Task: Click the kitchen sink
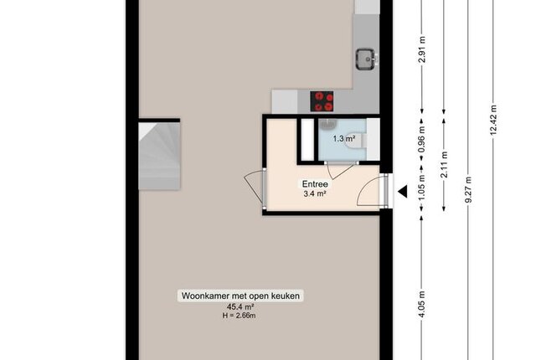(366, 59)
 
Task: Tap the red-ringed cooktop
(322, 101)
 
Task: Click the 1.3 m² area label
(344, 139)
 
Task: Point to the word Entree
(315, 184)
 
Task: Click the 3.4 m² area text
(315, 194)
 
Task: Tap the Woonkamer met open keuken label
(240, 296)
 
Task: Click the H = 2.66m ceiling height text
(239, 316)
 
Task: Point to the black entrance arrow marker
(403, 191)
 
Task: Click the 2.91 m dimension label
(422, 49)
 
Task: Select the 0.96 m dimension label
(422, 139)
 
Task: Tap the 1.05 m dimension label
(422, 188)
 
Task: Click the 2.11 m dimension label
(444, 165)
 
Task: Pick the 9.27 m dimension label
(468, 189)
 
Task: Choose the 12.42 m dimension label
(493, 120)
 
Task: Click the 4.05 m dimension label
(422, 305)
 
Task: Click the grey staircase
(159, 156)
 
